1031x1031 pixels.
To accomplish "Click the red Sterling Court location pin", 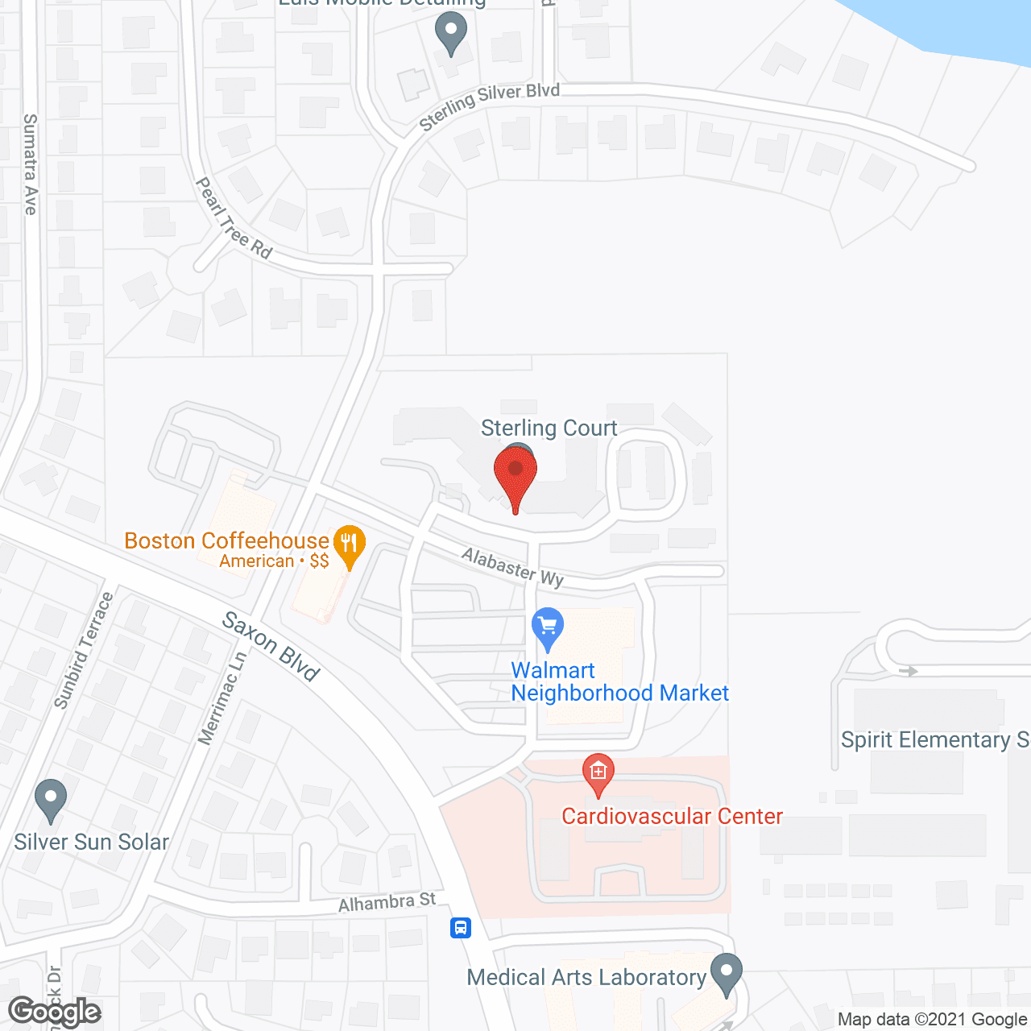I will coord(515,475).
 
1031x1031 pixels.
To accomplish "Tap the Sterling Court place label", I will coord(549,428).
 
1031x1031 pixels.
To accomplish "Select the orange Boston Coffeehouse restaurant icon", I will coord(349,545).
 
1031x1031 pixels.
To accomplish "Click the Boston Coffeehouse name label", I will coord(226,540).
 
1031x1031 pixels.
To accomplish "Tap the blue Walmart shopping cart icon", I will coord(548,627).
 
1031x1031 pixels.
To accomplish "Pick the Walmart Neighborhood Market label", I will coord(619,681).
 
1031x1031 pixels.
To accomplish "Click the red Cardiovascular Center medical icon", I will coord(598,773).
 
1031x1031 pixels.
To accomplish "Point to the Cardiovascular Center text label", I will coord(672,816).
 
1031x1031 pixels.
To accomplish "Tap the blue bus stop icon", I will coord(461,927).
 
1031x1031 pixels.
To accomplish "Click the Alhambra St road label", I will coord(387,902).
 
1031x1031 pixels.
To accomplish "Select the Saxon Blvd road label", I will coord(271,646).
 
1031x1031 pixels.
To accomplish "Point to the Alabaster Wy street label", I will coord(513,566).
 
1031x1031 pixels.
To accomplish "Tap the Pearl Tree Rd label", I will coord(234,218).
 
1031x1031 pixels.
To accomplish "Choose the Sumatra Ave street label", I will coord(31,164).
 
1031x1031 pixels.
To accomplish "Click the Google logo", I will coord(55,1012).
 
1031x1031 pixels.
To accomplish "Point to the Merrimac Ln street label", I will coord(222,698).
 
